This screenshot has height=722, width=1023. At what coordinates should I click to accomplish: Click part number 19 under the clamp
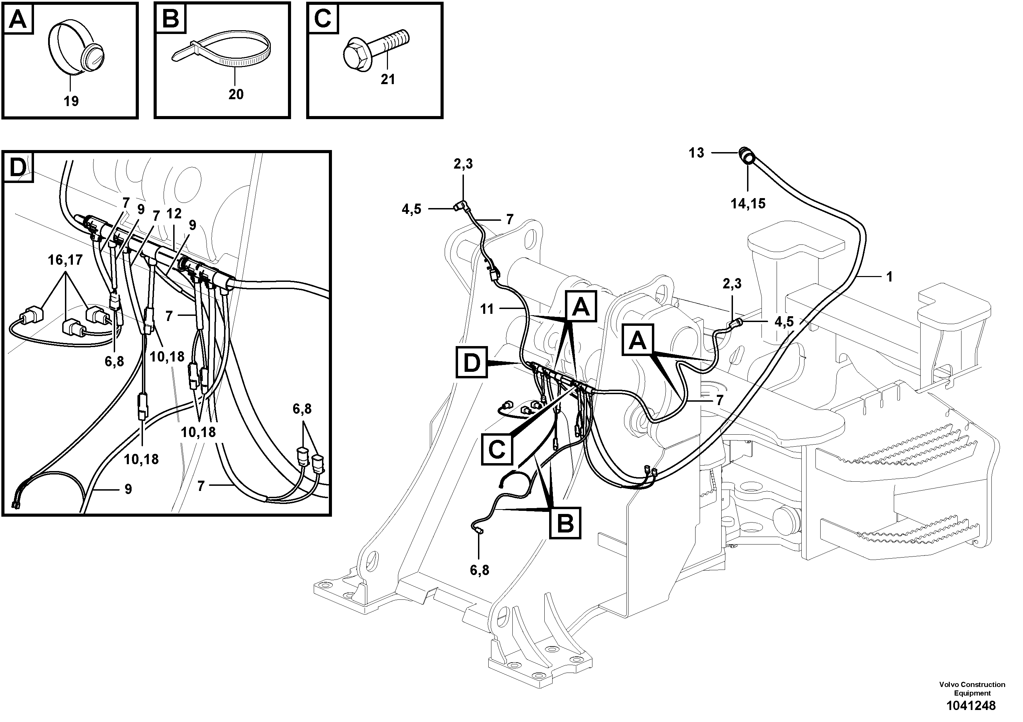tap(71, 102)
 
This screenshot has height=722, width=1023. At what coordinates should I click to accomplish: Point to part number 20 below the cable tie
tap(236, 94)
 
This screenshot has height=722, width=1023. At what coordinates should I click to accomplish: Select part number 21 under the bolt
tap(388, 80)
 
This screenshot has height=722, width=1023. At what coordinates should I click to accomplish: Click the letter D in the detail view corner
tap(18, 168)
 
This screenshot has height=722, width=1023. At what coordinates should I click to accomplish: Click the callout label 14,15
tap(748, 204)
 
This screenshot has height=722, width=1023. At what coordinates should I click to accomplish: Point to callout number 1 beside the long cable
tap(889, 277)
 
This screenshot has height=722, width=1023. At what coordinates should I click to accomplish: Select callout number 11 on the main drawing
tap(487, 309)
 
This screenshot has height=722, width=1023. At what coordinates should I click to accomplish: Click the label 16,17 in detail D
tap(65, 260)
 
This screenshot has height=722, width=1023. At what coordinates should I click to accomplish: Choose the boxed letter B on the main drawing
tap(565, 523)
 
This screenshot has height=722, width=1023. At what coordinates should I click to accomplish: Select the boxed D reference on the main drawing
tap(472, 363)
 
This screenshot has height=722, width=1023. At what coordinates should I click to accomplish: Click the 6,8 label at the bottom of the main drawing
tap(479, 570)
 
